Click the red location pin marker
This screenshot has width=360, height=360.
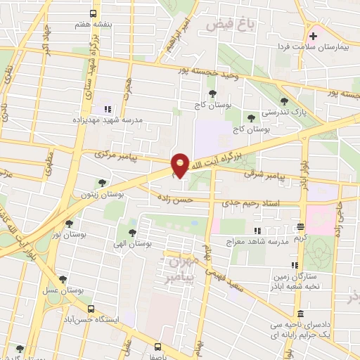[181, 165]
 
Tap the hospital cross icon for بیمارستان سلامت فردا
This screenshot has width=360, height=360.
[313, 35]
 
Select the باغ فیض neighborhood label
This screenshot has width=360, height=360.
[230, 25]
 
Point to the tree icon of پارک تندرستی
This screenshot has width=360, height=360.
[284, 101]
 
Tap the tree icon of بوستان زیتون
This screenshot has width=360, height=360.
[103, 183]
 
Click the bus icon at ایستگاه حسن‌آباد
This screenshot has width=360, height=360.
[90, 309]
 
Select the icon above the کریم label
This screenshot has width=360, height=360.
[301, 226]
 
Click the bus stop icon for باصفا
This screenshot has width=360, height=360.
[157, 347]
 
